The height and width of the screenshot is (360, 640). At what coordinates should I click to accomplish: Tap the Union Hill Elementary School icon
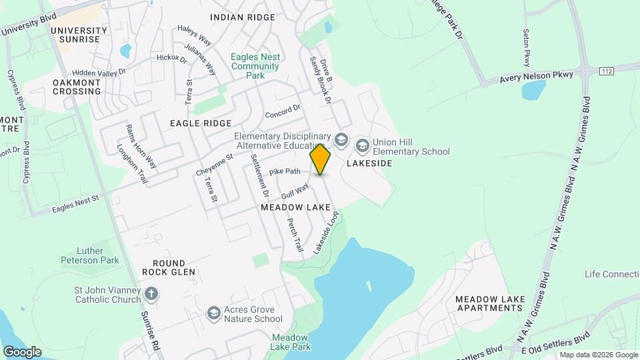[363, 145]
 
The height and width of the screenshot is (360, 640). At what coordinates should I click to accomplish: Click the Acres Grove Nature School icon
[214, 313]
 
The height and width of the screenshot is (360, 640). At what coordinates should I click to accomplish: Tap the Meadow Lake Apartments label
[490, 303]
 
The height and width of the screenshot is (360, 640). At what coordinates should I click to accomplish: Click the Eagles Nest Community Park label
[255, 66]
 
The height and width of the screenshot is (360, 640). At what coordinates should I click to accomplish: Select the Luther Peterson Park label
[89, 255]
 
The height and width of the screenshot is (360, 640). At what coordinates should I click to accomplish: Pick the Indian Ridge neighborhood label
[242, 17]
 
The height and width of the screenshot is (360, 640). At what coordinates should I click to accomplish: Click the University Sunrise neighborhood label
[79, 35]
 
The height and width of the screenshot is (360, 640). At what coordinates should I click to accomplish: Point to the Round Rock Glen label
[169, 267]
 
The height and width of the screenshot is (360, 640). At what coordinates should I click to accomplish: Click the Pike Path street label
[286, 171]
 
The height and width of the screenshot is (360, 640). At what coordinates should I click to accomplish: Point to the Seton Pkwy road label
[527, 42]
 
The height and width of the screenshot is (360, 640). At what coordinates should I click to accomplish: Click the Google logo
[22, 351]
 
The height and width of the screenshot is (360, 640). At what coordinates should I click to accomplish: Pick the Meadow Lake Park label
[291, 342]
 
